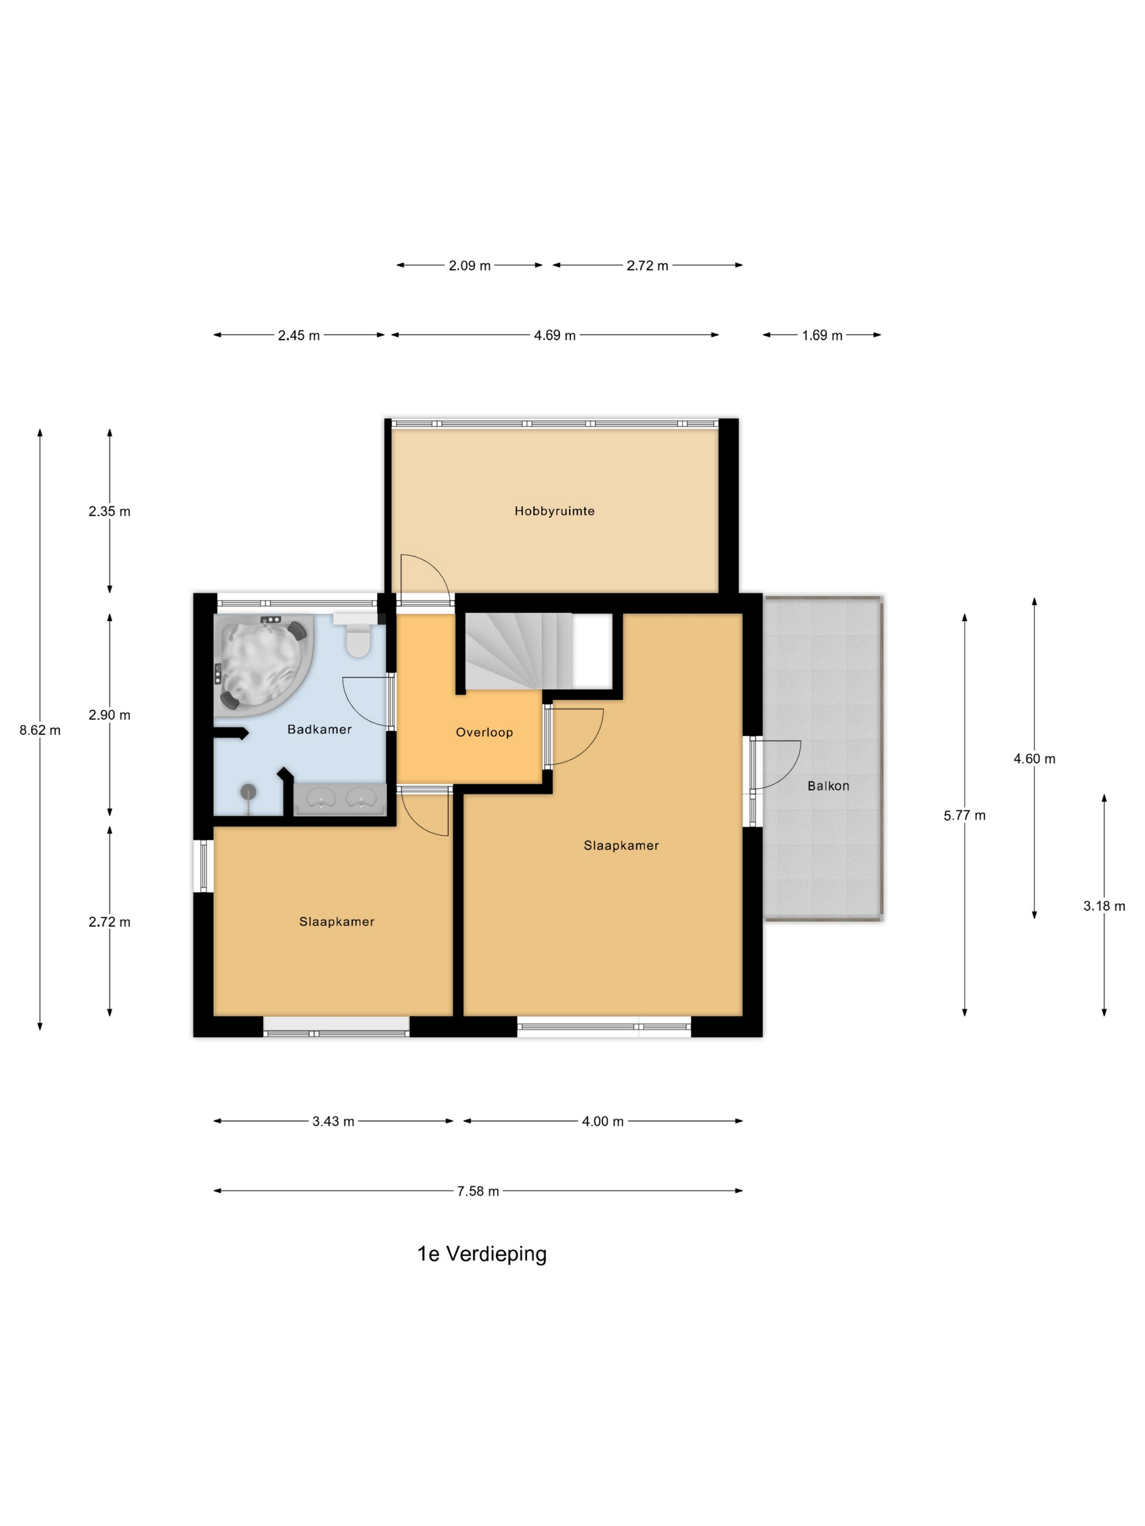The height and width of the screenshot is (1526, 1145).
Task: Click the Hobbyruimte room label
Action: coord(554,511)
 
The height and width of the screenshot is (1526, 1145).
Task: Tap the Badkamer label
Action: coord(320,729)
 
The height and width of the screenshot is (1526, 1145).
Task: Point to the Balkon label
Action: coord(828,786)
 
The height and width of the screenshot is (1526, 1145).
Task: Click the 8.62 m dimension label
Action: coord(40,730)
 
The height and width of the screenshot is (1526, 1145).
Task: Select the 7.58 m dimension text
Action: coord(478,1191)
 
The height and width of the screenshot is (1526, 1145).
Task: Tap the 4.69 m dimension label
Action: coord(555,335)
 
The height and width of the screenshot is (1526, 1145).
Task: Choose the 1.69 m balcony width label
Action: coord(822,335)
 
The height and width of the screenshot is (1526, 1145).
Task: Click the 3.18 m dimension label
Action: coord(1104,906)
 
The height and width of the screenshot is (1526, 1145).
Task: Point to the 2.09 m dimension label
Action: coord(470,265)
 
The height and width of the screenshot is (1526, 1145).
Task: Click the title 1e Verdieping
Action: coord(482,1253)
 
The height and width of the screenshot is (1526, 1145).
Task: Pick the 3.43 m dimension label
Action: coord(333,1122)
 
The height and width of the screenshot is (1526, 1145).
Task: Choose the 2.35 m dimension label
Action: coord(109,511)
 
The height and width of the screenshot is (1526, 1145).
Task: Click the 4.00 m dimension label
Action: coord(602,1122)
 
